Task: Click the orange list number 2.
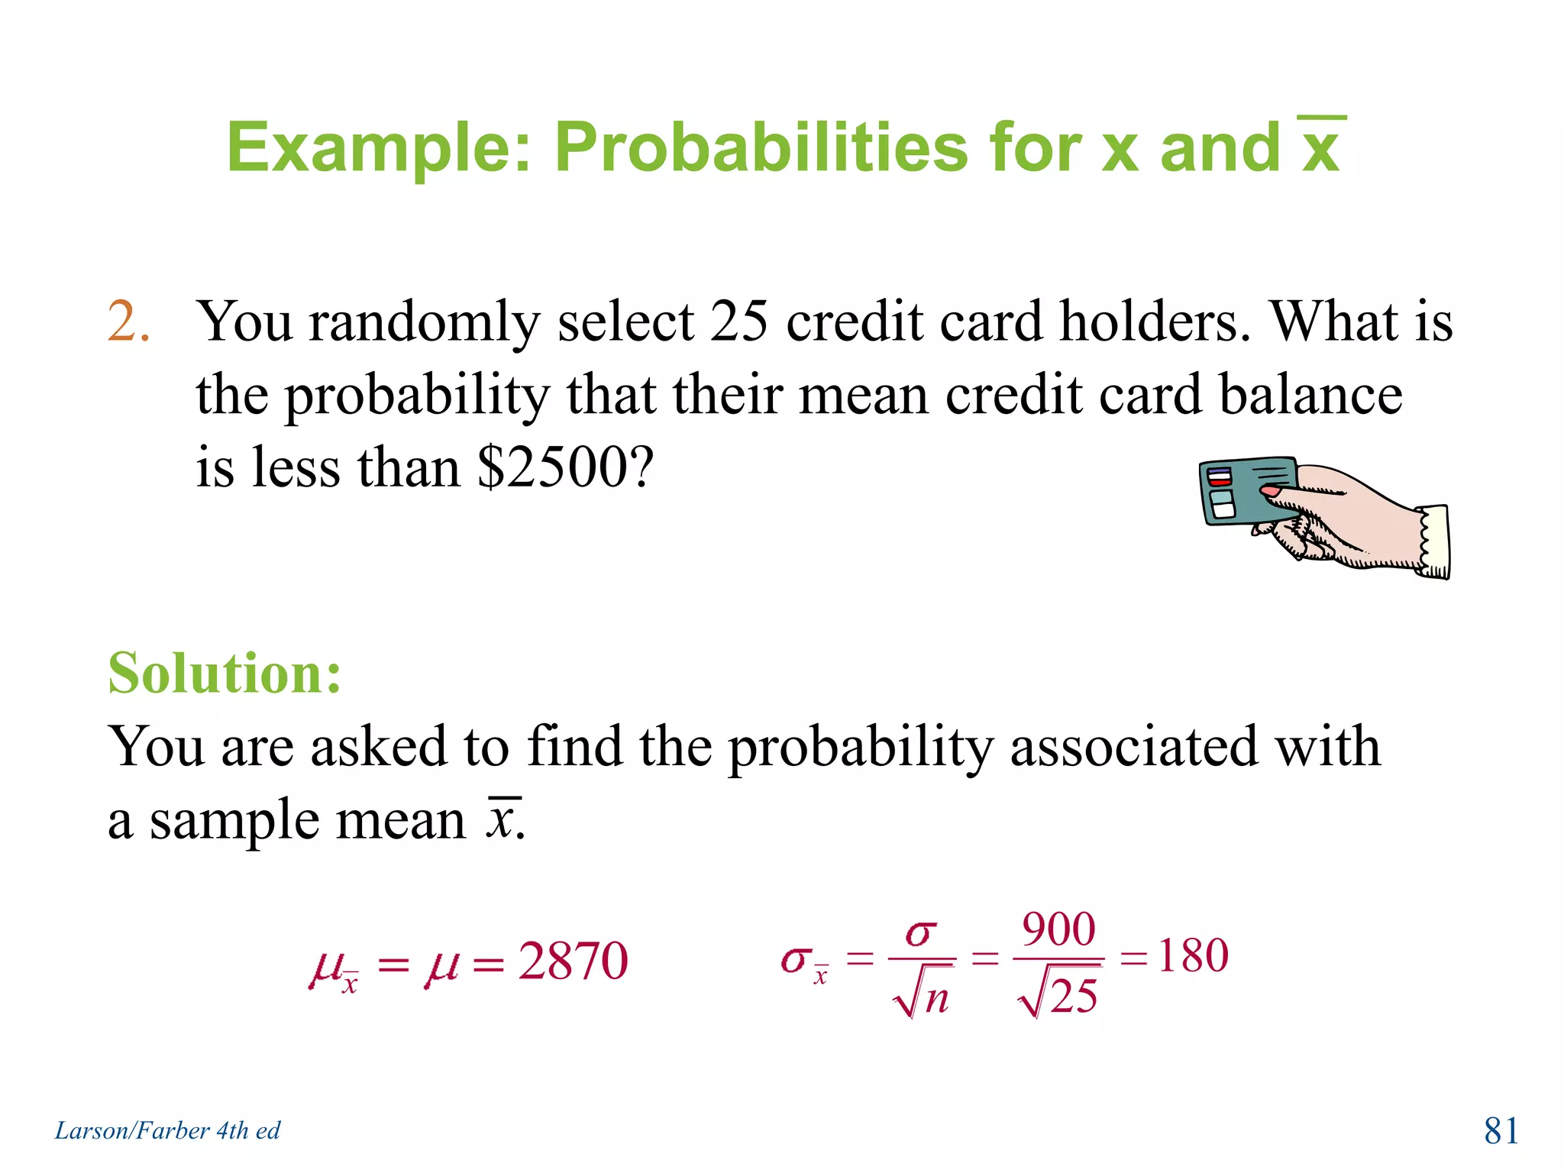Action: click(x=127, y=321)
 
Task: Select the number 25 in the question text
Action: click(x=738, y=321)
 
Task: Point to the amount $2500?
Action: click(x=566, y=467)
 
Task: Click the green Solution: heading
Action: click(x=225, y=674)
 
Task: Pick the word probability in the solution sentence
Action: click(x=860, y=747)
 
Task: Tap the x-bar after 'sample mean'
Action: click(x=502, y=819)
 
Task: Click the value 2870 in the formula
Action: click(x=573, y=961)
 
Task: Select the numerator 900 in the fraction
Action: click(x=1058, y=929)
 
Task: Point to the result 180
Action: click(x=1193, y=955)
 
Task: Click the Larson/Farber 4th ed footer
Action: click(x=167, y=1130)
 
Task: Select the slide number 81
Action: click(x=1501, y=1130)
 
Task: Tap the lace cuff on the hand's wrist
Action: click(x=1433, y=541)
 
